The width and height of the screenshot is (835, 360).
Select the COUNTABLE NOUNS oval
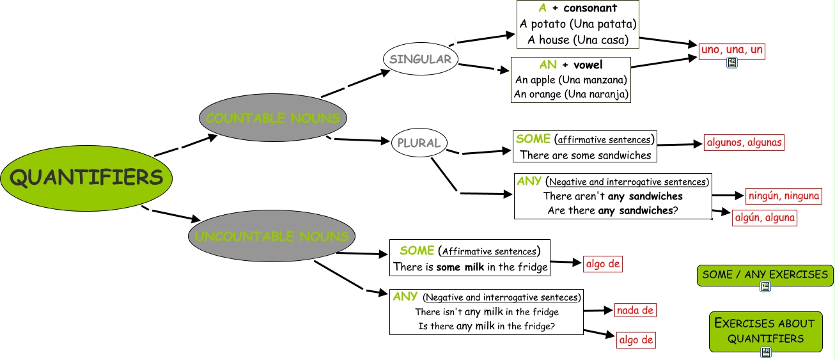(273, 118)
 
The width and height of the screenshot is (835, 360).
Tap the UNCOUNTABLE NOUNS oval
(272, 237)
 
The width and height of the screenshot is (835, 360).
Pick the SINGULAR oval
(420, 59)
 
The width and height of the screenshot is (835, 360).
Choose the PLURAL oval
(419, 143)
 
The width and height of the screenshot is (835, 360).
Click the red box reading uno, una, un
(732, 50)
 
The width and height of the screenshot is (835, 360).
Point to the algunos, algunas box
(744, 143)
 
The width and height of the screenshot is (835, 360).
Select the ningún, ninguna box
(784, 196)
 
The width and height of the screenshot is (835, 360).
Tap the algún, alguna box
(765, 217)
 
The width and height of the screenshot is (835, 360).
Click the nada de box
(636, 311)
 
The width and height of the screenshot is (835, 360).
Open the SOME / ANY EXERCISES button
(765, 275)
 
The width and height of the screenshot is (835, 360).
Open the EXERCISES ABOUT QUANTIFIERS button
(765, 331)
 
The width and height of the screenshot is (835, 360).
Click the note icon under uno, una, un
(732, 63)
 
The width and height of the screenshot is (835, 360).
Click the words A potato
(543, 24)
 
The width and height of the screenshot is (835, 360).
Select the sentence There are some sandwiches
(586, 155)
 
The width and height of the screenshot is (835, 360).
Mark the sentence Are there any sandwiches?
(612, 210)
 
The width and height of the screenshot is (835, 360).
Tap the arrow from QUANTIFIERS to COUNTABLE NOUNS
(185, 145)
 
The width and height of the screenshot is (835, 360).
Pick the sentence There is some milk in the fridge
(471, 267)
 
